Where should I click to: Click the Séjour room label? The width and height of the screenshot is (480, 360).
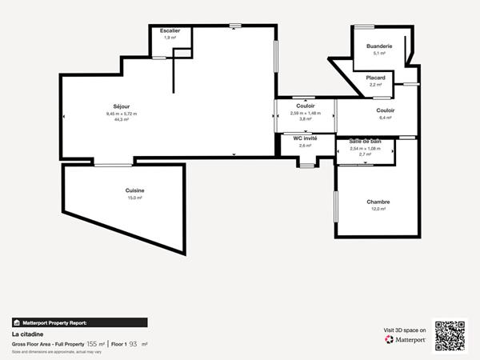[122, 106]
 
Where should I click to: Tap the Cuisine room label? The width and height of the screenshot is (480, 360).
[134, 190]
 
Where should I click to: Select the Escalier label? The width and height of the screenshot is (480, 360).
[170, 30]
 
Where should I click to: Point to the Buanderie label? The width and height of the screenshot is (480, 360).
[379, 46]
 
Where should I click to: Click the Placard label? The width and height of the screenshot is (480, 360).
[375, 78]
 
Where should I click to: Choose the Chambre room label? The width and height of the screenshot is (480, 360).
[378, 202]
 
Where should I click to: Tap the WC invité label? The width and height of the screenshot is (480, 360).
[305, 138]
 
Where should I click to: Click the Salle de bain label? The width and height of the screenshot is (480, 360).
[365, 141]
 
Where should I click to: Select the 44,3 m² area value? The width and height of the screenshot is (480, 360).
[122, 119]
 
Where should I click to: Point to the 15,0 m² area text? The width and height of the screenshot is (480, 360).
[134, 198]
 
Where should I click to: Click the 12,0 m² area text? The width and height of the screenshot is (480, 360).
[378, 209]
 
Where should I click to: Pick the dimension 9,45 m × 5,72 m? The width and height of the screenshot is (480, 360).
[122, 114]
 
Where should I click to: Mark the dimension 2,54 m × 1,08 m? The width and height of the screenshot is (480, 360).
[365, 148]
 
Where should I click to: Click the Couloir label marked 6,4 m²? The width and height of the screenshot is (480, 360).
[385, 110]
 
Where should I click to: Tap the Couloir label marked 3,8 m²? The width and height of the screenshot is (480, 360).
[305, 106]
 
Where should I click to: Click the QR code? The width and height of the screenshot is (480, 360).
[450, 335]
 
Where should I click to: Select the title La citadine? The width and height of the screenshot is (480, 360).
[27, 334]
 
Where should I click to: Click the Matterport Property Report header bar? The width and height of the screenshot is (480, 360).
[79, 322]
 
